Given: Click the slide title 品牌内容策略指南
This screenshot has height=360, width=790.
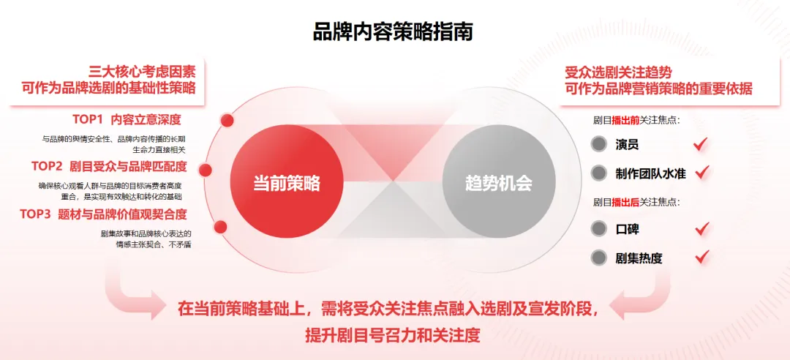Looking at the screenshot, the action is click(x=393, y=31).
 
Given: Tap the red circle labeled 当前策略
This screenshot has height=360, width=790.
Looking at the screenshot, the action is click(x=287, y=181).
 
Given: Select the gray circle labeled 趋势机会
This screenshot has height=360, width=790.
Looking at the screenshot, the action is click(x=499, y=181).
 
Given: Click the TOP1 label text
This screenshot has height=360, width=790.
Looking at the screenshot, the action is click(x=88, y=119).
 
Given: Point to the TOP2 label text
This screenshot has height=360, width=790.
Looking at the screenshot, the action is click(x=47, y=166).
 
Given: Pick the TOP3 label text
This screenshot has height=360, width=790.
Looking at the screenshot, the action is click(x=35, y=214).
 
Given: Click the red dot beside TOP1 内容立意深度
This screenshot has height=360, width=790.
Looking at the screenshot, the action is click(x=227, y=120).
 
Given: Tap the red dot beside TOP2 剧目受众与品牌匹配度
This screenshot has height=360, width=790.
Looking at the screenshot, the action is click(x=206, y=170).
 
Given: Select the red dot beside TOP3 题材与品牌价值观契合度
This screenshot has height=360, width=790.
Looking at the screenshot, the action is click(x=220, y=227).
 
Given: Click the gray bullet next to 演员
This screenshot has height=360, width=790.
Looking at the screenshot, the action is click(x=598, y=145).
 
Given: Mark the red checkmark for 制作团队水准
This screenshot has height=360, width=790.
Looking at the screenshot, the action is click(x=701, y=172).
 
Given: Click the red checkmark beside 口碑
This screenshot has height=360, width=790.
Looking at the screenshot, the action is click(x=701, y=229).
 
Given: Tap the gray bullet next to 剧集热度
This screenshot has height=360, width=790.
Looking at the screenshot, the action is click(x=598, y=258).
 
